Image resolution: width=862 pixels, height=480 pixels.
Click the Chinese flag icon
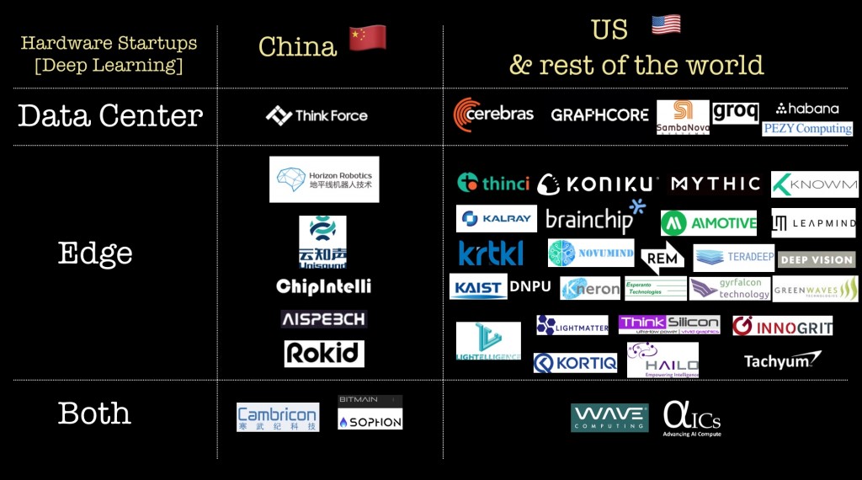(x=368, y=38)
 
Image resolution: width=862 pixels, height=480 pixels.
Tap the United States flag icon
(x=666, y=25)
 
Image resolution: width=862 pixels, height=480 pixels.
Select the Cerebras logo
(x=493, y=115)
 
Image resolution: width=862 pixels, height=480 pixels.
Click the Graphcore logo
(x=599, y=115)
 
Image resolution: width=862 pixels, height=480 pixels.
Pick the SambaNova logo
(x=683, y=117)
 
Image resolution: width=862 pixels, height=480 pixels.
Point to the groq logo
(x=735, y=112)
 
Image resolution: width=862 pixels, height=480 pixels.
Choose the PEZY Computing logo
(x=807, y=129)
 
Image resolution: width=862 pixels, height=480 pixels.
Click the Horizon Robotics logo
(x=324, y=179)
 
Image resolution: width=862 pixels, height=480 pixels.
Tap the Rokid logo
(x=324, y=354)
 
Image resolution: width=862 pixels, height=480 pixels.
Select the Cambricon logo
(x=278, y=417)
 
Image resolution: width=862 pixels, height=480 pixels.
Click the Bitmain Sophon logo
(x=370, y=413)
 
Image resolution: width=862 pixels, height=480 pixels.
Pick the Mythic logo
(x=716, y=184)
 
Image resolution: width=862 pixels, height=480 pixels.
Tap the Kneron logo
(x=590, y=288)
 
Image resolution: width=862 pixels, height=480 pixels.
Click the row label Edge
(x=95, y=253)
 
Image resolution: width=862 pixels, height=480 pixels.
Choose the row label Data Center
(x=110, y=115)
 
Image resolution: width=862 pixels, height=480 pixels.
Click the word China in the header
(x=297, y=46)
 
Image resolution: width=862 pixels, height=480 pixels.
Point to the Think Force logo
(x=317, y=115)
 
